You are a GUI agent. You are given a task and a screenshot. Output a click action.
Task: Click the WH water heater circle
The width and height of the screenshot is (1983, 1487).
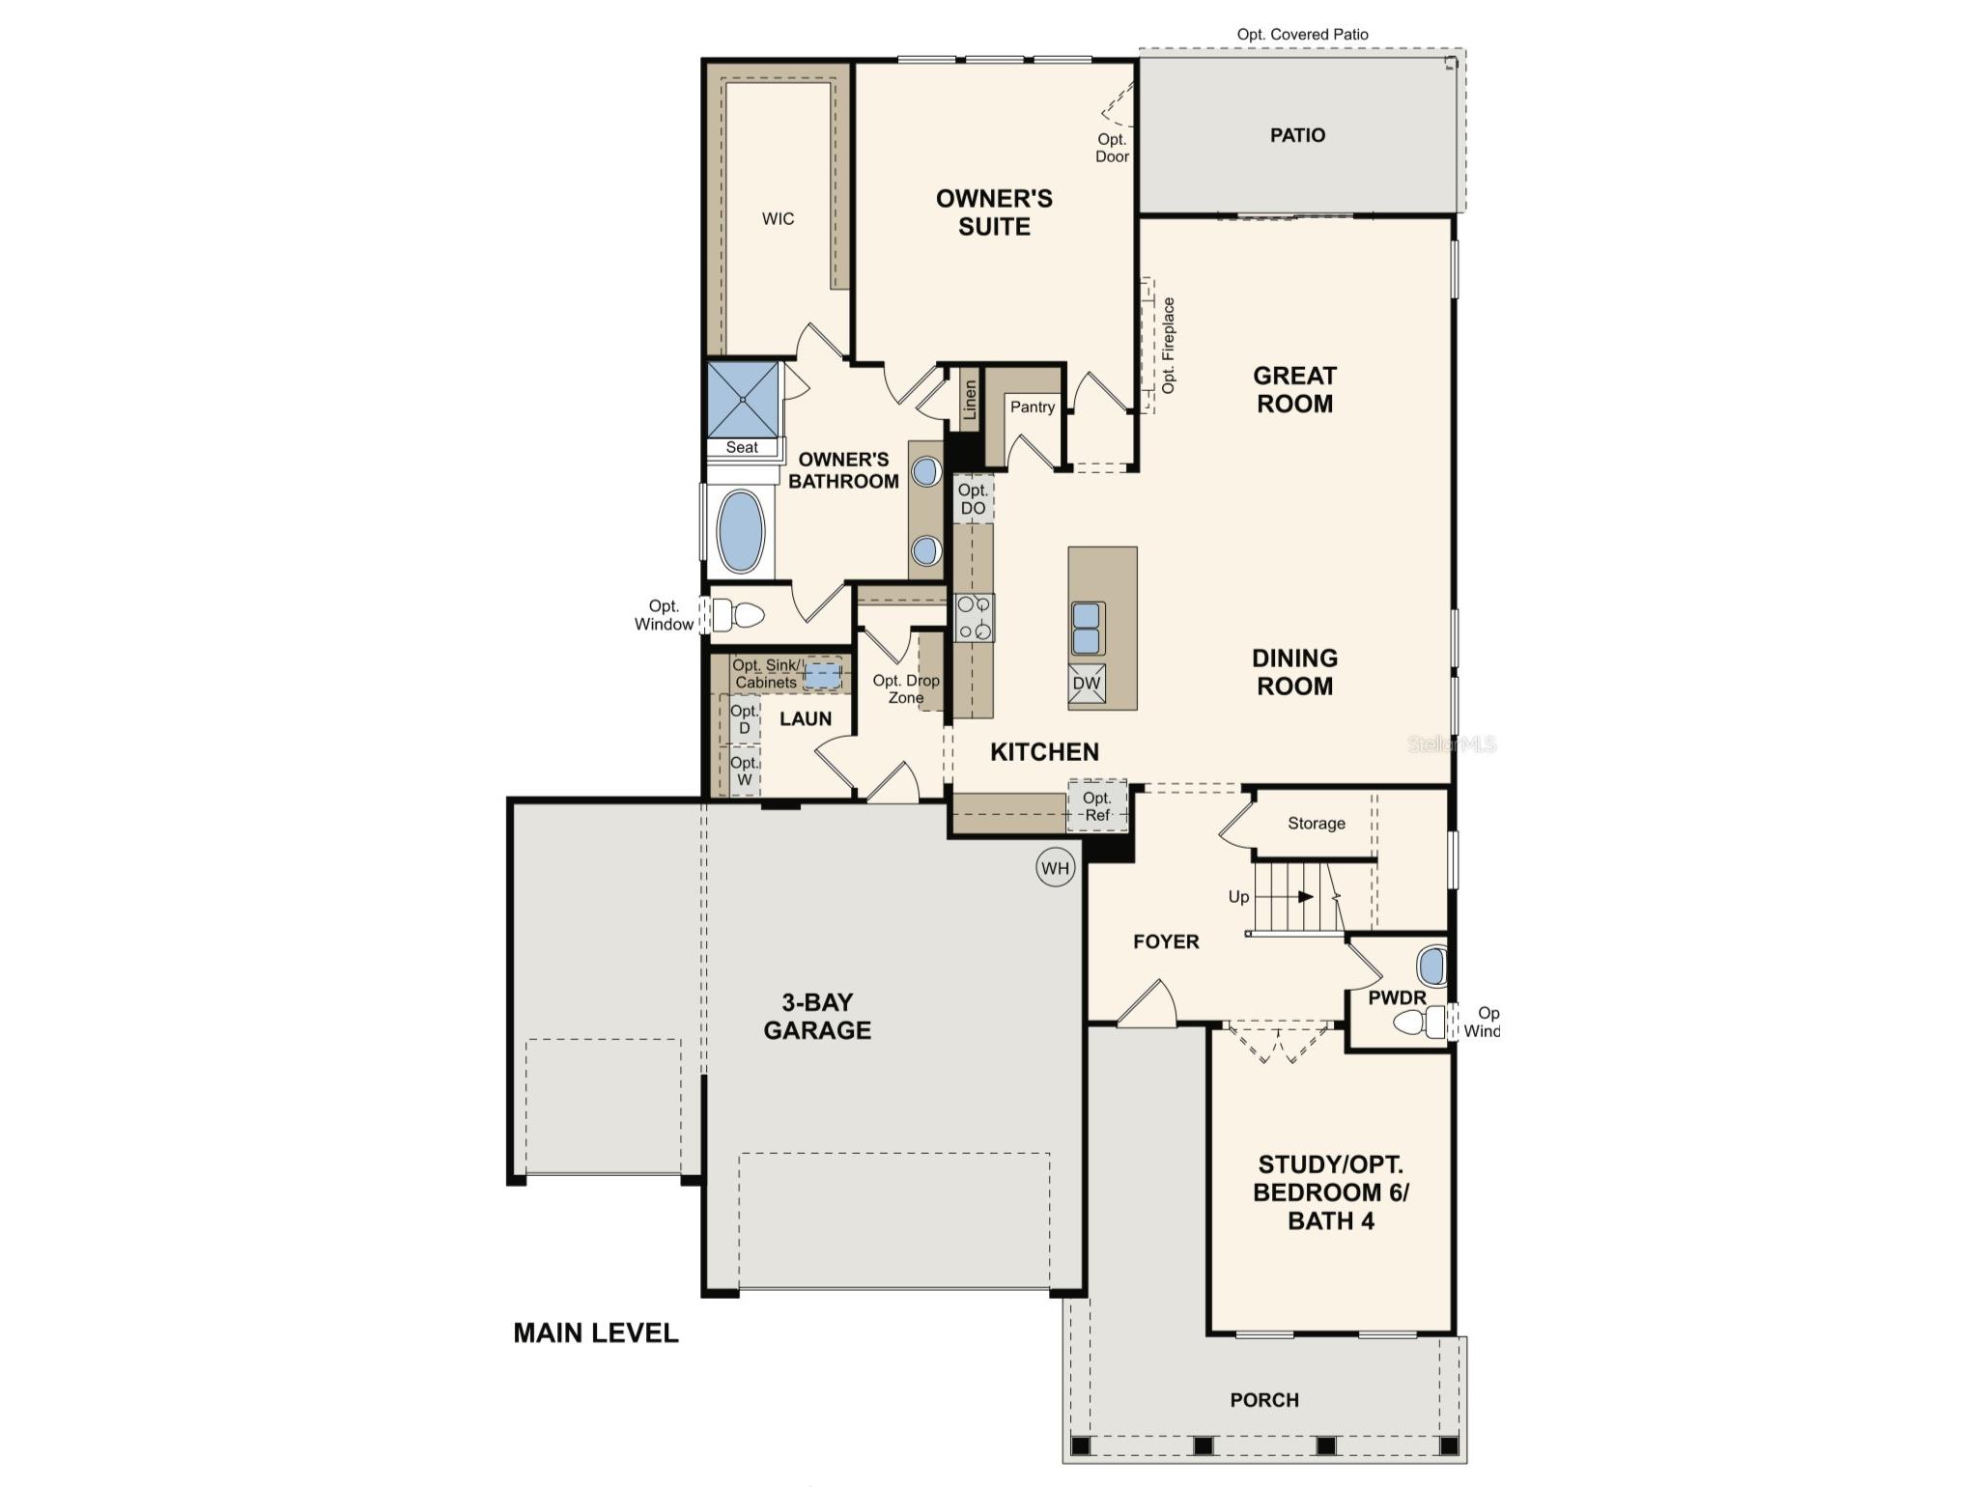click(1055, 868)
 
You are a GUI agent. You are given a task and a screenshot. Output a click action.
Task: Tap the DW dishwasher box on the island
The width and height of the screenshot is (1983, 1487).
click(1087, 683)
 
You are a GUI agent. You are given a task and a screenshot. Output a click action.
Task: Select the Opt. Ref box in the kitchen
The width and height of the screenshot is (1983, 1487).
click(1097, 806)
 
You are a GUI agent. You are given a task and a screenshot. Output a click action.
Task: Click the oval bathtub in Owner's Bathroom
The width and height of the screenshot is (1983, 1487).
click(741, 532)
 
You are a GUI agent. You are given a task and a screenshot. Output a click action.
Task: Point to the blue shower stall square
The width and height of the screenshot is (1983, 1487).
click(743, 399)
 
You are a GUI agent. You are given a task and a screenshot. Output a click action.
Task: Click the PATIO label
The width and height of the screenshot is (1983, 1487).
click(1297, 135)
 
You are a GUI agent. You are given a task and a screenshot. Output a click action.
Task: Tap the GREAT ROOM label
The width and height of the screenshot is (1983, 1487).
click(1294, 389)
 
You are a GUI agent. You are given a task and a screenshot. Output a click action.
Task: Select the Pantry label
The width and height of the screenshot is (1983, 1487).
click(1032, 407)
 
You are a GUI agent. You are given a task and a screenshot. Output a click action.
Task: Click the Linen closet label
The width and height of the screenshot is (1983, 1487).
click(970, 399)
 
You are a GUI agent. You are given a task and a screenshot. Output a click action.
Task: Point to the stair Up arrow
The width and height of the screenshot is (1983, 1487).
click(1305, 896)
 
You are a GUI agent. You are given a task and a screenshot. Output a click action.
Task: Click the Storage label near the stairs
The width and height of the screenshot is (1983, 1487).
click(1316, 823)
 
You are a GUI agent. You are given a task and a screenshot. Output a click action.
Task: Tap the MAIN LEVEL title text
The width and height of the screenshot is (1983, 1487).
click(595, 1333)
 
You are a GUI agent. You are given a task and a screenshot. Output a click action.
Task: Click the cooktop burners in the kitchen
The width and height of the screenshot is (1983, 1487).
click(974, 618)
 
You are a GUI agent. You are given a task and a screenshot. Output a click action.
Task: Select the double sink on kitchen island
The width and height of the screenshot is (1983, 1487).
click(1087, 628)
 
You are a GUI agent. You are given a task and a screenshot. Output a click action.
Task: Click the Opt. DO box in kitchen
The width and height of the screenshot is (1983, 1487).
click(973, 499)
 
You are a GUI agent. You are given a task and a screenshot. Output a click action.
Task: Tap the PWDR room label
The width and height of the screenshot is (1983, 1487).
click(1397, 997)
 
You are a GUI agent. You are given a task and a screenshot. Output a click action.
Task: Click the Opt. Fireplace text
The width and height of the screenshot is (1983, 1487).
click(1169, 345)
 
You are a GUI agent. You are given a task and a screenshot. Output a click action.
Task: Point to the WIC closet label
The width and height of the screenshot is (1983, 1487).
click(778, 219)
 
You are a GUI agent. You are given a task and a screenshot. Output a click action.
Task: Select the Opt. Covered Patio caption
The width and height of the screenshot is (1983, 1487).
click(1302, 35)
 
